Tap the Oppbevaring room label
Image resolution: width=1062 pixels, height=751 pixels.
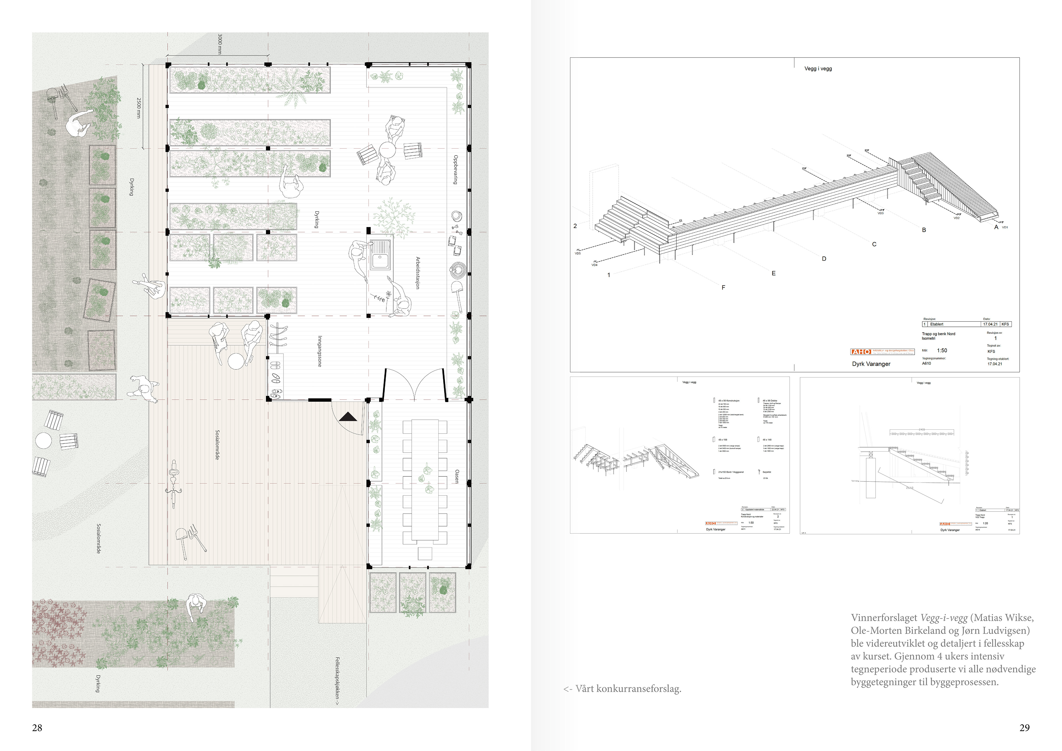pyautogui.click(x=455, y=170)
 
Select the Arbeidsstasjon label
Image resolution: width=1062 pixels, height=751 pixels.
pyautogui.click(x=418, y=273)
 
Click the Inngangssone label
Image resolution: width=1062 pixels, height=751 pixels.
pyautogui.click(x=319, y=351)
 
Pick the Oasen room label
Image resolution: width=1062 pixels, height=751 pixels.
pyautogui.click(x=457, y=476)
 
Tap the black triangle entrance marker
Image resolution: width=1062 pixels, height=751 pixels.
pyautogui.click(x=348, y=417)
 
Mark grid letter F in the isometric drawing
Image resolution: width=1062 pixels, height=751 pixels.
pyautogui.click(x=723, y=288)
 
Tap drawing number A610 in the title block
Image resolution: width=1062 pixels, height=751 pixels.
pyautogui.click(x=926, y=364)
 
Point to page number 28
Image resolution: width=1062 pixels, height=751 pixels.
pyautogui.click(x=37, y=728)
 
